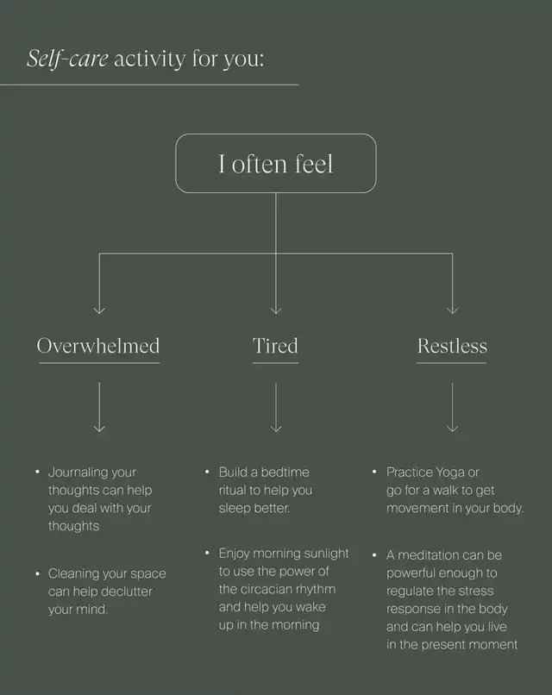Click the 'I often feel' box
coord(276,163)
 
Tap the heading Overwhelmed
coord(98,347)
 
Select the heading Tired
coord(275,347)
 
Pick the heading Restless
coord(452,347)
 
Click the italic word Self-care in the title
coord(67,59)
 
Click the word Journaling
coord(79,473)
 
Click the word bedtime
coord(282,473)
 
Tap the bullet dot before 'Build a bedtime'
coord(208,473)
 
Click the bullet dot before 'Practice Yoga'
coord(375,473)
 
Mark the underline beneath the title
coord(149,85)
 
